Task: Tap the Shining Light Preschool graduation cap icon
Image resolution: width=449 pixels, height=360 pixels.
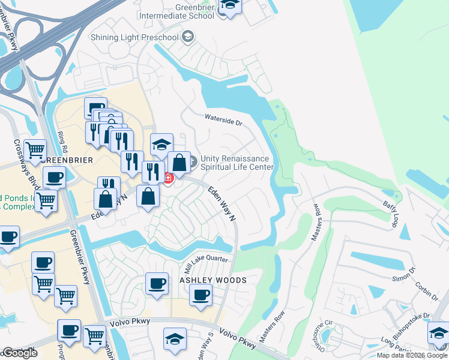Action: pos(188,38)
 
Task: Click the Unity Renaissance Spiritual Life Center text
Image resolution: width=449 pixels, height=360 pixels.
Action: pos(237,163)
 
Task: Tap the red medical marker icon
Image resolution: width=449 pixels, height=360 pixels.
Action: pos(169,178)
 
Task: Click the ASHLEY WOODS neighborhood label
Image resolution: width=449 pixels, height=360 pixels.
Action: pos(213,280)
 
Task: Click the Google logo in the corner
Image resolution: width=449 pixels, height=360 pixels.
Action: pos(19,353)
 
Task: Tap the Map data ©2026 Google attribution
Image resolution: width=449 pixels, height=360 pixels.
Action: pos(412,355)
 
